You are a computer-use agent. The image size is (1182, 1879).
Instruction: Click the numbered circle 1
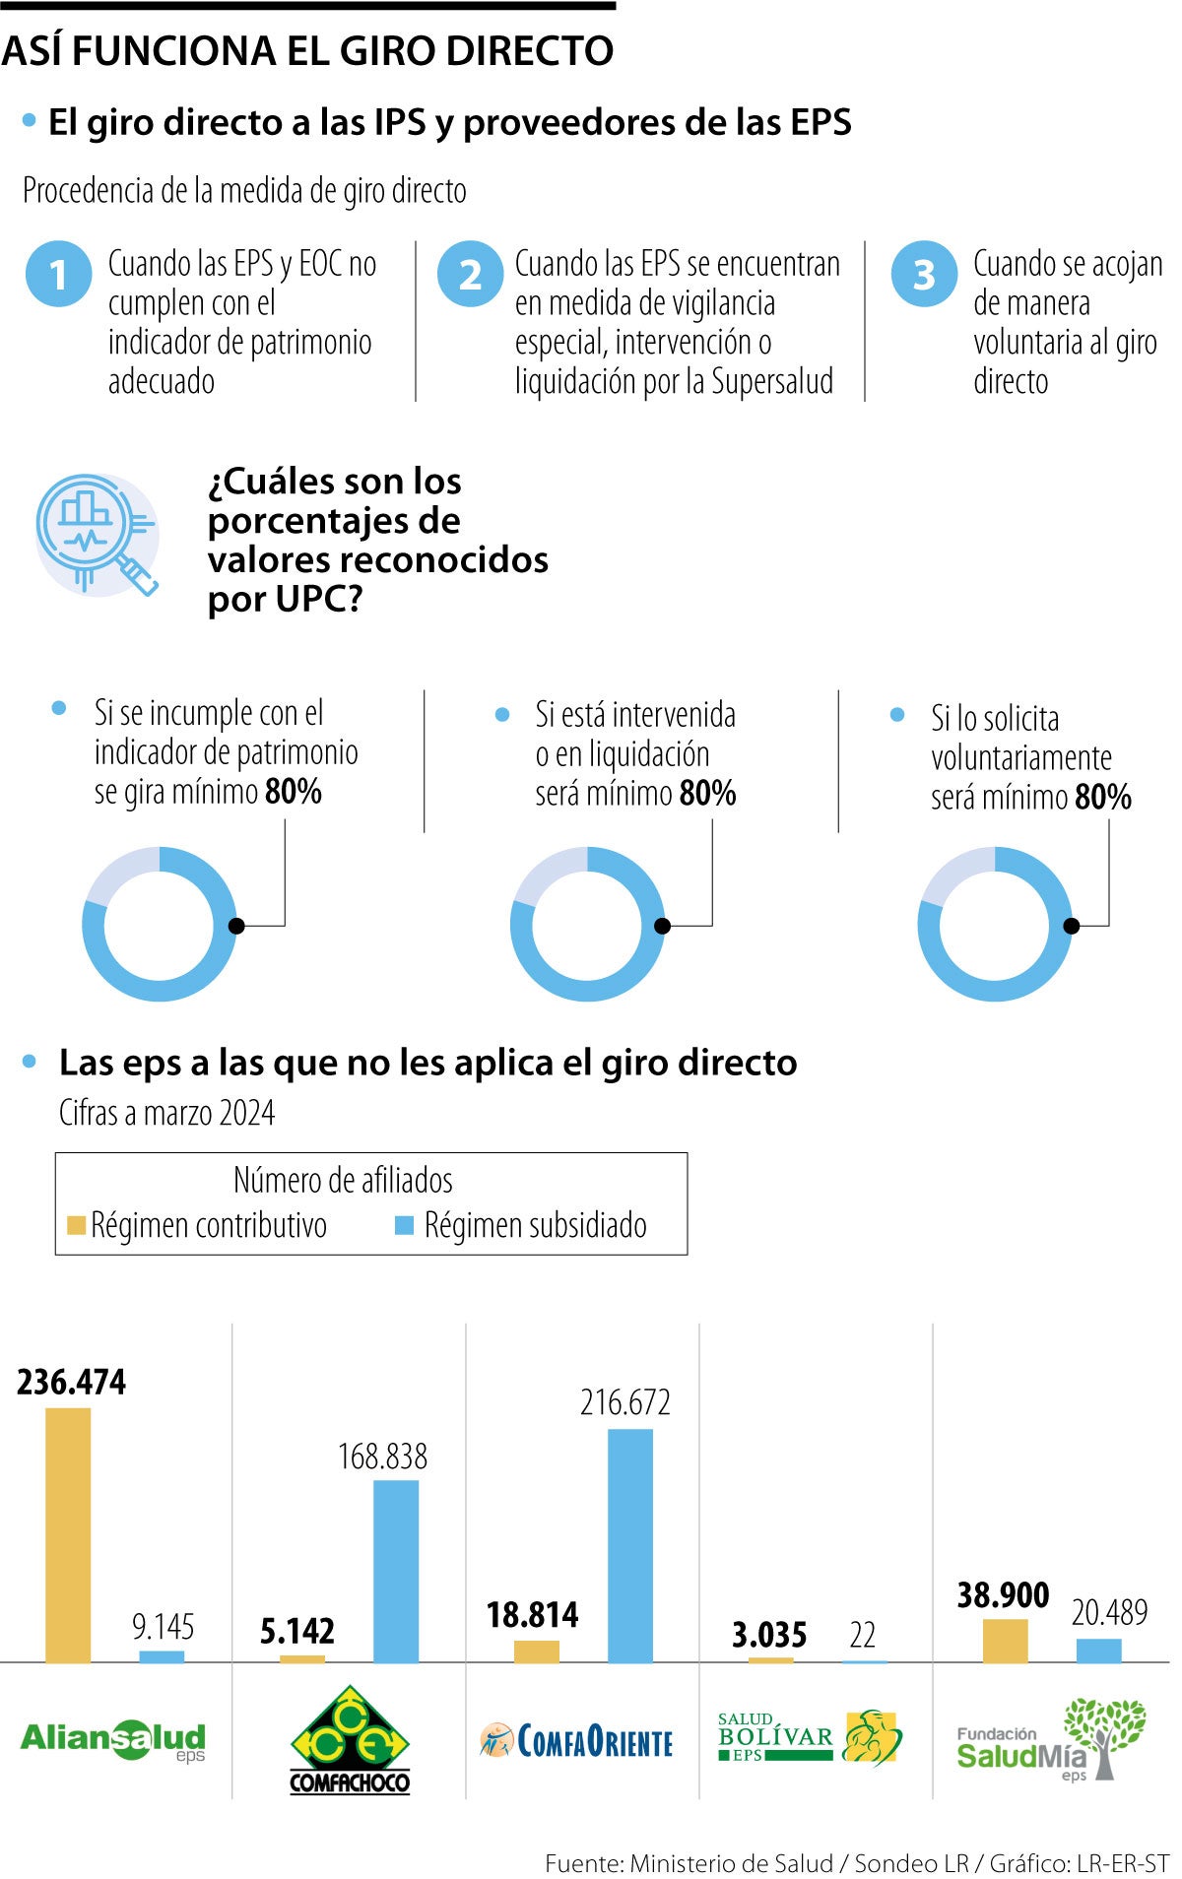coord(58,275)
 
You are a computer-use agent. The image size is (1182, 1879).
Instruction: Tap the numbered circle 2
coord(470,275)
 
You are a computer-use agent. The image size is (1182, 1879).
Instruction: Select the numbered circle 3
coord(924,275)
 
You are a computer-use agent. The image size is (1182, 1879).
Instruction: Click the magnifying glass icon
coord(97,534)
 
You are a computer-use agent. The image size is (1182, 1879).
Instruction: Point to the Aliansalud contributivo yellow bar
coord(68,1534)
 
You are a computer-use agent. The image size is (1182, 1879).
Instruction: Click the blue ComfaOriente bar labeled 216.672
coord(629,1545)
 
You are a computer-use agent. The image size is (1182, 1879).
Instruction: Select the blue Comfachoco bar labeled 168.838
coord(395,1571)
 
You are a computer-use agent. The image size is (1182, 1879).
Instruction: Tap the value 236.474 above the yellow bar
coord(71,1382)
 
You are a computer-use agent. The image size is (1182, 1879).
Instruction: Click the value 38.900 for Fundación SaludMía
coord(1003,1594)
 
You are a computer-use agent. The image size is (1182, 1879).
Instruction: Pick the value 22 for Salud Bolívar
coord(862,1635)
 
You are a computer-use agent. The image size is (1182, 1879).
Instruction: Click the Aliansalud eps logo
coord(112,1739)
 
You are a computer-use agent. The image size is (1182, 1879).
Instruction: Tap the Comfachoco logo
coord(350,1739)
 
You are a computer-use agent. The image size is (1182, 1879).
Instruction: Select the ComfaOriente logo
coord(576,1741)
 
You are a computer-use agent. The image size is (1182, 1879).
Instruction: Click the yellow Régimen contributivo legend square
coord(76,1225)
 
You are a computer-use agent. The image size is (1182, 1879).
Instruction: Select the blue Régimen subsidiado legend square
coord(404,1225)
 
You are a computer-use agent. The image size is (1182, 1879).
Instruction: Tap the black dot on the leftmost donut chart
coord(236,925)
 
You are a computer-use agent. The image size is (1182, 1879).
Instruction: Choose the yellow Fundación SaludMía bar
coord(1005,1641)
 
